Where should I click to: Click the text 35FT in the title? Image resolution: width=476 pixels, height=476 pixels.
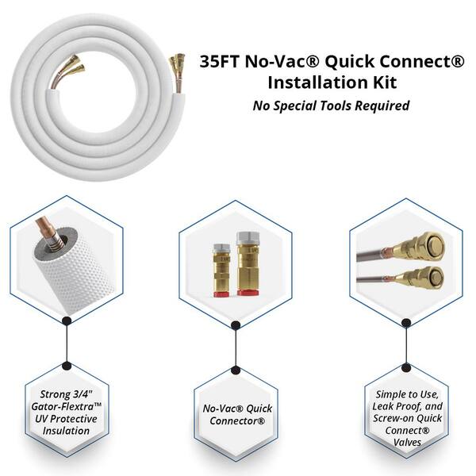click(x=220, y=62)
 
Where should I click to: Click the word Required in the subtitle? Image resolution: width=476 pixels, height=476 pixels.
click(x=383, y=106)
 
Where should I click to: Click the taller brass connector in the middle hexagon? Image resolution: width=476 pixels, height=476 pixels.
click(x=248, y=263)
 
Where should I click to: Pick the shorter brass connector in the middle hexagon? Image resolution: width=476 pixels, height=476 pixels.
click(x=221, y=271)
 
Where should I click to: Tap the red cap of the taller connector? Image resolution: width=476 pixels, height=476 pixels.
click(x=248, y=292)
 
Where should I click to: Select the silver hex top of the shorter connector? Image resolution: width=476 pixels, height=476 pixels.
click(x=222, y=248)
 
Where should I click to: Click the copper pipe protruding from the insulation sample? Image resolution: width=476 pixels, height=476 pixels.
click(x=45, y=231)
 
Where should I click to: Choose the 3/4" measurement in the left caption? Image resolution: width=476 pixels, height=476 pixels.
click(x=83, y=394)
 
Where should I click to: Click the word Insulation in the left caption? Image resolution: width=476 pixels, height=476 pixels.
click(x=66, y=431)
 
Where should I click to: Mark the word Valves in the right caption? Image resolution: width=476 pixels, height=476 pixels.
click(x=407, y=443)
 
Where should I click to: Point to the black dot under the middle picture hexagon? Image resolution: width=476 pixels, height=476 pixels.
click(x=236, y=325)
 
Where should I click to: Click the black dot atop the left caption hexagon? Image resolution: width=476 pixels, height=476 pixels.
click(x=67, y=366)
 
